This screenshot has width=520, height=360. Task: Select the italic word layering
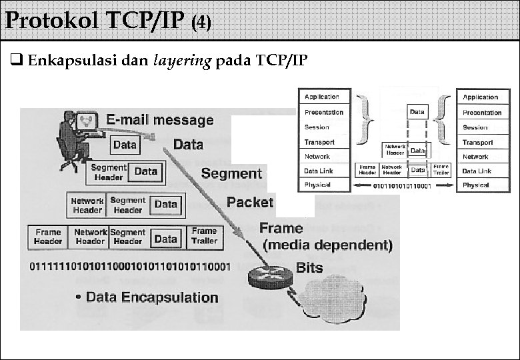181,61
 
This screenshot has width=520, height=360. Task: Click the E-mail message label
160,120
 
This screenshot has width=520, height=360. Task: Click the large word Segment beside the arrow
231,173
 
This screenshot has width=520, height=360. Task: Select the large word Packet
249,201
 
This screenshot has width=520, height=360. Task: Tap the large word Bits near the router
309,268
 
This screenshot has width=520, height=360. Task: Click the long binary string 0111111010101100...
130,267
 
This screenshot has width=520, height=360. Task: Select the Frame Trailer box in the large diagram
204,236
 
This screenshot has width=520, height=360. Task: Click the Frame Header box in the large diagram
47,236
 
